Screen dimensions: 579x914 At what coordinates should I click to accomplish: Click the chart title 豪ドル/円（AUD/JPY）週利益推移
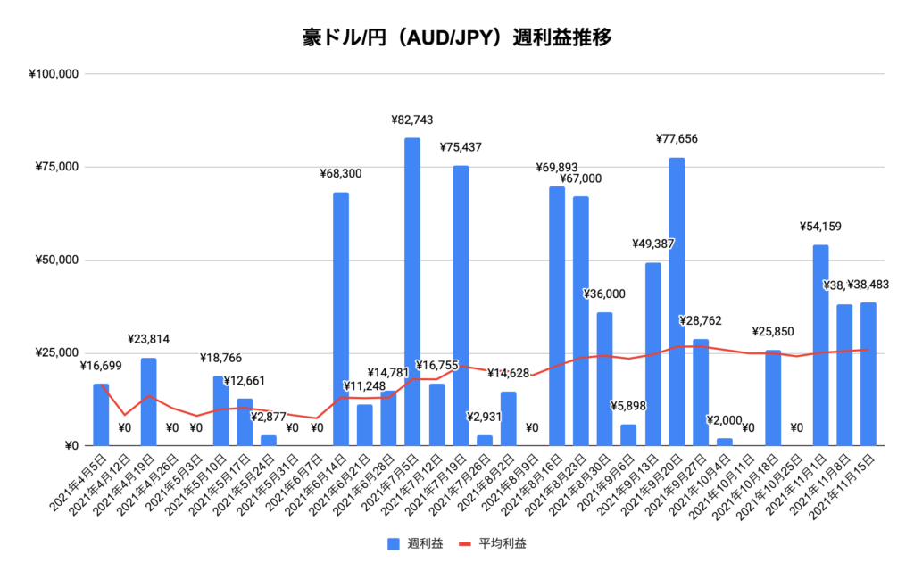(456, 37)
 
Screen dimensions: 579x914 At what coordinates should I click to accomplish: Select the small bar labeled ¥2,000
(725, 442)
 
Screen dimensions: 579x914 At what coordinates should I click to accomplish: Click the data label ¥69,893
(557, 167)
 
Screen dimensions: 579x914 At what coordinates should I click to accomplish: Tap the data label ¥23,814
(148, 339)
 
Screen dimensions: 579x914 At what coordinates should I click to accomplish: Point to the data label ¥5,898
(629, 407)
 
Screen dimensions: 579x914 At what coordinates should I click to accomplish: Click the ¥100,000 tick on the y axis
(55, 74)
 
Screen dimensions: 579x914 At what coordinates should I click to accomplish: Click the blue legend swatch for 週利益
(393, 542)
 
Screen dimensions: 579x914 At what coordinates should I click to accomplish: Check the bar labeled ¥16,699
(101, 415)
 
